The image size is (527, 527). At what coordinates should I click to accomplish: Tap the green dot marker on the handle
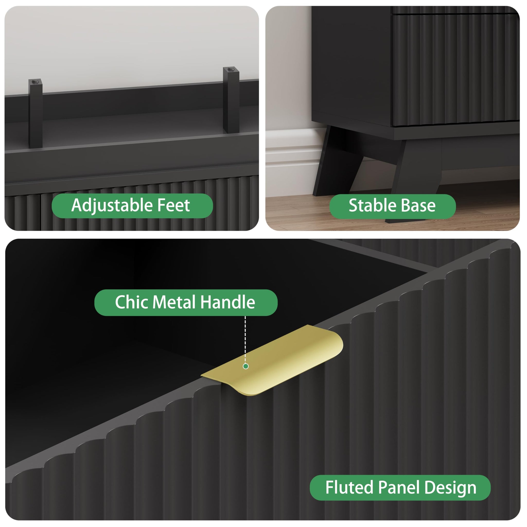(245, 366)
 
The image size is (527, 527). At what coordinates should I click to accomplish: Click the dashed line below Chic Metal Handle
(245, 340)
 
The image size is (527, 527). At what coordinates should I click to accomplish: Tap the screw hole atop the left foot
(34, 81)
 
